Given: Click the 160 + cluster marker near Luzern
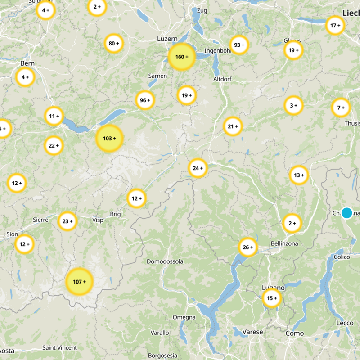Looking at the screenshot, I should point(181,57).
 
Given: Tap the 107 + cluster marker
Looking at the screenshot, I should point(79,282).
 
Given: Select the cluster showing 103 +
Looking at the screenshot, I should point(109,138).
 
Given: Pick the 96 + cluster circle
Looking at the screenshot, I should point(145,100).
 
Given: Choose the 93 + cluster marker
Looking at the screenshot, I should point(239,45).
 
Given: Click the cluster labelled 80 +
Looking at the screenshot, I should point(114,44).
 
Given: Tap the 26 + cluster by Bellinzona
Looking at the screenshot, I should point(248,247).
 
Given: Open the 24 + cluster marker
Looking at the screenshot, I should point(198,168).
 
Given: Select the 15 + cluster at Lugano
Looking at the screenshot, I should point(272,298).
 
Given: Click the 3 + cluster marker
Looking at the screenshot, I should point(293,106).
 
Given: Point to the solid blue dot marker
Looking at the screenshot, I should point(346,213).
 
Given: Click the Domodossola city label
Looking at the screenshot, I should point(165,261).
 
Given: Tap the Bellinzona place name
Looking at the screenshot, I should point(284,243).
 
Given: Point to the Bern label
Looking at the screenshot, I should point(27,63).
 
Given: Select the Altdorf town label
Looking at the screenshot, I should point(224,79).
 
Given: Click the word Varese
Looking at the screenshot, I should point(252,332).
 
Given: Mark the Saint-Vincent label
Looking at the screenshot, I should point(59,347).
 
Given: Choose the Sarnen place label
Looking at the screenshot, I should point(157,76).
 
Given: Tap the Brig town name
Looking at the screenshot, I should point(115,214).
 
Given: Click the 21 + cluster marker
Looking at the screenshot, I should point(233,126).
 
